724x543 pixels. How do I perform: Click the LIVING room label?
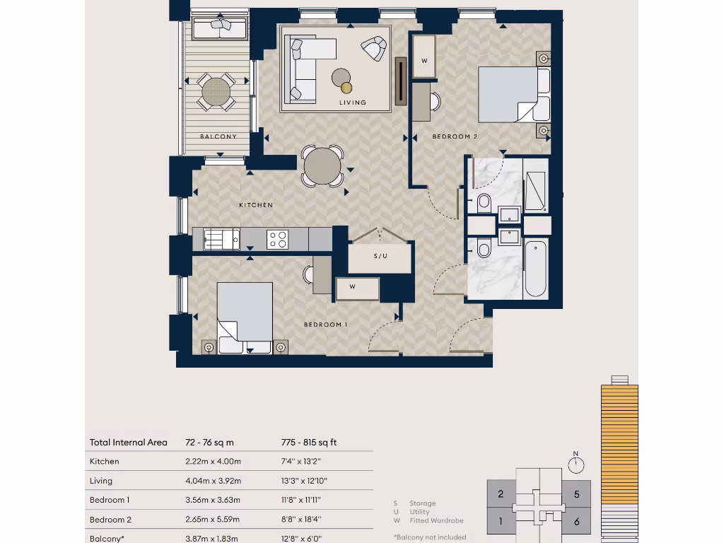coord(352,103)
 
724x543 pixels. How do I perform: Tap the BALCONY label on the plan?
coord(218,136)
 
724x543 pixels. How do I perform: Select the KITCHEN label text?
coord(255,205)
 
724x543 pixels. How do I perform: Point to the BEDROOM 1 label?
coord(325,325)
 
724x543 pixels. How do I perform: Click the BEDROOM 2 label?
coord(455,136)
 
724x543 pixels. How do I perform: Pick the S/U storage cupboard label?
coord(380,256)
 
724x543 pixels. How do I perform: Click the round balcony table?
coord(216,91)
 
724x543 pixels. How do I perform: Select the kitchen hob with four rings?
coord(277,239)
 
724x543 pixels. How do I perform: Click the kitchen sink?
coord(221,239)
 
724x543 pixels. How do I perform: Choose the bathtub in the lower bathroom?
coord(535,268)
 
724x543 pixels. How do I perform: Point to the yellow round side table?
coord(346,88)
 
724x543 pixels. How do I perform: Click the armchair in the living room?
coord(373,48)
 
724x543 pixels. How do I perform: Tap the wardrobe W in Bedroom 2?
coord(424,61)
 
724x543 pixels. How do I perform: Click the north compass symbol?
coord(576,464)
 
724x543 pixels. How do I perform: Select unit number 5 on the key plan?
coord(577,494)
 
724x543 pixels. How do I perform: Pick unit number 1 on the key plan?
coord(501,522)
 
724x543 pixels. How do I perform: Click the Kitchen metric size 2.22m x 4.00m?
coord(208,462)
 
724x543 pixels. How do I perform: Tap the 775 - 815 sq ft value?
coord(309,443)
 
